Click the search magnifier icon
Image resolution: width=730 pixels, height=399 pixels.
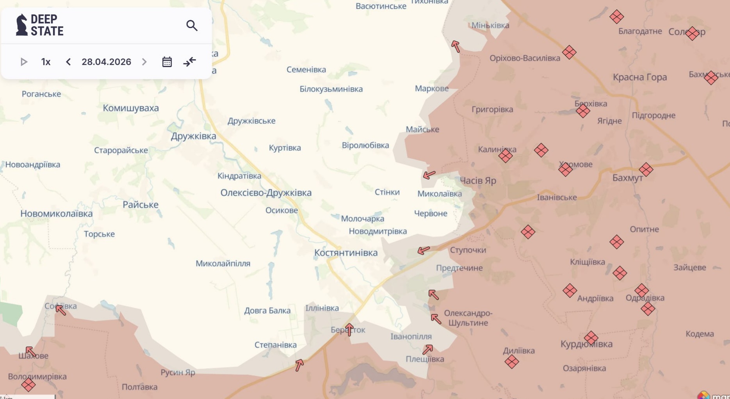tap(192, 26)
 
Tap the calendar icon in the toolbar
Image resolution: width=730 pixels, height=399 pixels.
tap(167, 62)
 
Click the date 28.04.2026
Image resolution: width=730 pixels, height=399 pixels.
tap(106, 62)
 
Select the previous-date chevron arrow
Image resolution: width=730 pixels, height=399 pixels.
tap(68, 62)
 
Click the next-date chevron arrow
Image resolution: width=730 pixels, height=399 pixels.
tap(144, 62)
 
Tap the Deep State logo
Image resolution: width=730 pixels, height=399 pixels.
tap(39, 25)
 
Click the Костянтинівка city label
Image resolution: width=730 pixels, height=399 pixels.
tap(346, 253)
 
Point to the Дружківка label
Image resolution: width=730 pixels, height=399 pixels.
tap(193, 136)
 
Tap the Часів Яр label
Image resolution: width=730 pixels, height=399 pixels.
tap(478, 181)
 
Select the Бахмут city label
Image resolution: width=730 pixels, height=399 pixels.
tap(627, 178)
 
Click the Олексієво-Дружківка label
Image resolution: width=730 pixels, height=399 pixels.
tap(266, 193)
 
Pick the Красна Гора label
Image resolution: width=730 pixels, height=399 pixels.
tap(640, 77)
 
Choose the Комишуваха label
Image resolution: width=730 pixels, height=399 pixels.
tap(131, 108)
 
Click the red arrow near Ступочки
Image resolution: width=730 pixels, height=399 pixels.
tap(424, 250)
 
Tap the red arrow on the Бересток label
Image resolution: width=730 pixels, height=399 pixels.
tap(349, 330)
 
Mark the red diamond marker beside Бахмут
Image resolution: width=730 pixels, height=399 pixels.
tap(646, 170)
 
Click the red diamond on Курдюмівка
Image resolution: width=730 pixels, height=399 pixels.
tap(591, 338)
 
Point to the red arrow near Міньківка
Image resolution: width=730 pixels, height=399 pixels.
tap(456, 46)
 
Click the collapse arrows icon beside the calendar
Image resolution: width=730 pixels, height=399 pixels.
tap(190, 62)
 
